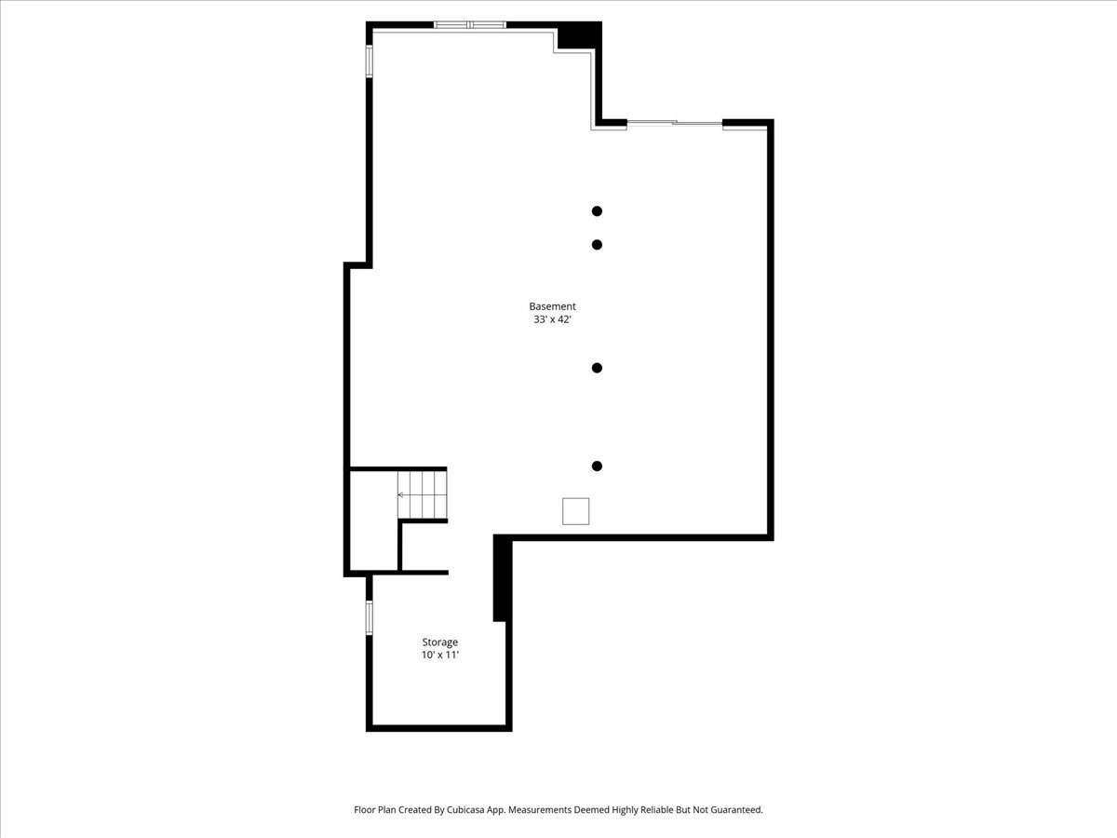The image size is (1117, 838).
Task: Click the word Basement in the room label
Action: click(x=552, y=306)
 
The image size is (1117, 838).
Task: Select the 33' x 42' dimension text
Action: click(x=552, y=319)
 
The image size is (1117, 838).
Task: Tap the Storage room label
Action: click(x=440, y=642)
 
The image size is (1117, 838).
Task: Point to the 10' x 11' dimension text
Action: click(x=440, y=656)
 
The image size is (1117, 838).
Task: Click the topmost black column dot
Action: click(x=597, y=211)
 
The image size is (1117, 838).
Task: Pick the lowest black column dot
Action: click(x=597, y=466)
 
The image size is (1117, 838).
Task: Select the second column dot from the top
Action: click(x=597, y=245)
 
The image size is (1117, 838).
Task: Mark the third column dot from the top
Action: click(x=597, y=368)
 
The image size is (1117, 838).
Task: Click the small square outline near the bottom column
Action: click(x=575, y=511)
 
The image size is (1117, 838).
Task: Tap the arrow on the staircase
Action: click(x=402, y=494)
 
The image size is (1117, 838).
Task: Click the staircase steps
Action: click(x=424, y=494)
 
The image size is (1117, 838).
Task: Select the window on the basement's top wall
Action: click(x=470, y=25)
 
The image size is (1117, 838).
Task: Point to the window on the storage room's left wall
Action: click(x=370, y=617)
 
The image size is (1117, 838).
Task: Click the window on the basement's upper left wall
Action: click(x=370, y=60)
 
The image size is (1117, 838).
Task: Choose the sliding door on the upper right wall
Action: click(x=675, y=122)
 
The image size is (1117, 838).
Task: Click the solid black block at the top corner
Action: click(x=579, y=36)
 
